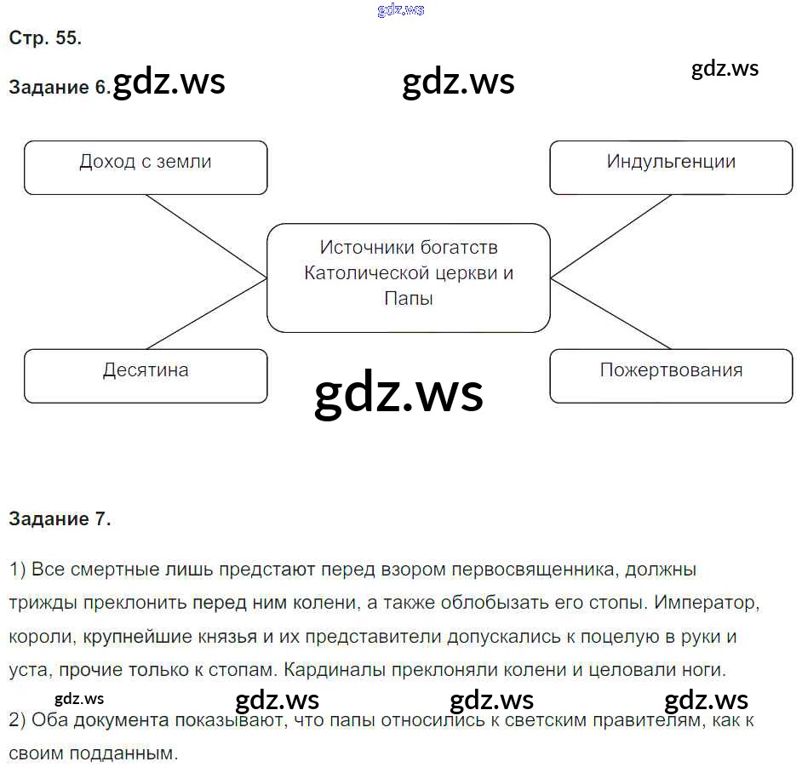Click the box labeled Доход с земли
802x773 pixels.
(x=146, y=167)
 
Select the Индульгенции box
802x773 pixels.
(x=671, y=167)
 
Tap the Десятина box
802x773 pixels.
(x=146, y=375)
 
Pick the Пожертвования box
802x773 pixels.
(x=671, y=375)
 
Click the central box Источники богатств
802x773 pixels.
(x=409, y=278)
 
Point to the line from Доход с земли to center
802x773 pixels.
(x=206, y=236)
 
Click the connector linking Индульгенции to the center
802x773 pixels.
(x=611, y=236)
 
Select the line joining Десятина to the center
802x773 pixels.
(x=206, y=313)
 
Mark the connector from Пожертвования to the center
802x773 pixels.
(x=611, y=313)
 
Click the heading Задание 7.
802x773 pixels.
(x=60, y=518)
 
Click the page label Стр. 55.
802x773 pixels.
(x=45, y=37)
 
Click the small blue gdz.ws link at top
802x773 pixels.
(x=399, y=10)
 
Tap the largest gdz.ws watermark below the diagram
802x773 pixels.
(x=398, y=393)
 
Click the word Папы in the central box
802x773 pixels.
(x=409, y=299)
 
